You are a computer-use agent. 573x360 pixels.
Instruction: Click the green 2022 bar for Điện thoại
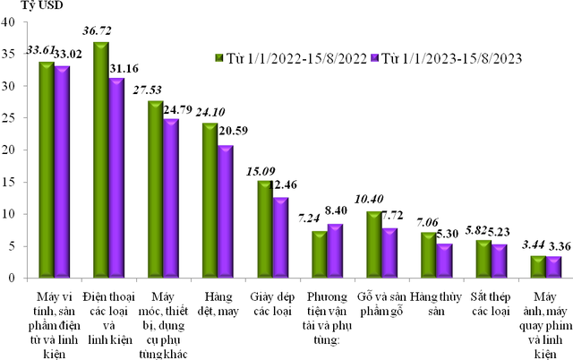100,161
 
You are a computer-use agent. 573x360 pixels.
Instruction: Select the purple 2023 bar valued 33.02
62,173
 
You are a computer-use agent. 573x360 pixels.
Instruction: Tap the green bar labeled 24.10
210,201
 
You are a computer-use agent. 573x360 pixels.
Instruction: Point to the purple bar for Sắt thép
499,261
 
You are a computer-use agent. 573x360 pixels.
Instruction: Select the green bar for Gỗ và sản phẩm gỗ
374,245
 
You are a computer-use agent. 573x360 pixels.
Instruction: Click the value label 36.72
100,31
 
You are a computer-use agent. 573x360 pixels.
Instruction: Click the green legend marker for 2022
219,59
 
